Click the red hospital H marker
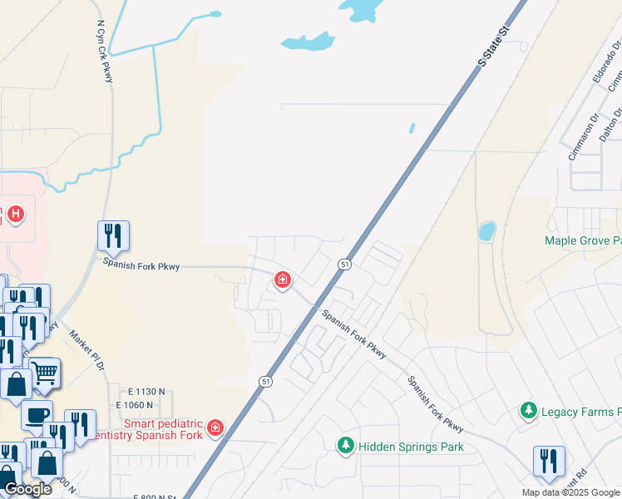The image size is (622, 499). click(15, 215)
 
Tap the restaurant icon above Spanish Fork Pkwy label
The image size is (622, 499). click(113, 235)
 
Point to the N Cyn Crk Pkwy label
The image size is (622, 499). click(106, 52)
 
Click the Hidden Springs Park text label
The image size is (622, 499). click(411, 447)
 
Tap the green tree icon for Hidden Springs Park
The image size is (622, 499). click(346, 446)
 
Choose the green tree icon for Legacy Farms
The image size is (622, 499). click(527, 411)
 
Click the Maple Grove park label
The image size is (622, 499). click(582, 241)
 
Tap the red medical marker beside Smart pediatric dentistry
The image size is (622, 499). click(215, 427)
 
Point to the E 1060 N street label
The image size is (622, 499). click(141, 405)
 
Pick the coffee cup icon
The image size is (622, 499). click(36, 414)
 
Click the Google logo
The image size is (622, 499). click(27, 489)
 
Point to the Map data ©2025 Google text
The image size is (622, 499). click(570, 492)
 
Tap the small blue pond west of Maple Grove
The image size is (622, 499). click(487, 230)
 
